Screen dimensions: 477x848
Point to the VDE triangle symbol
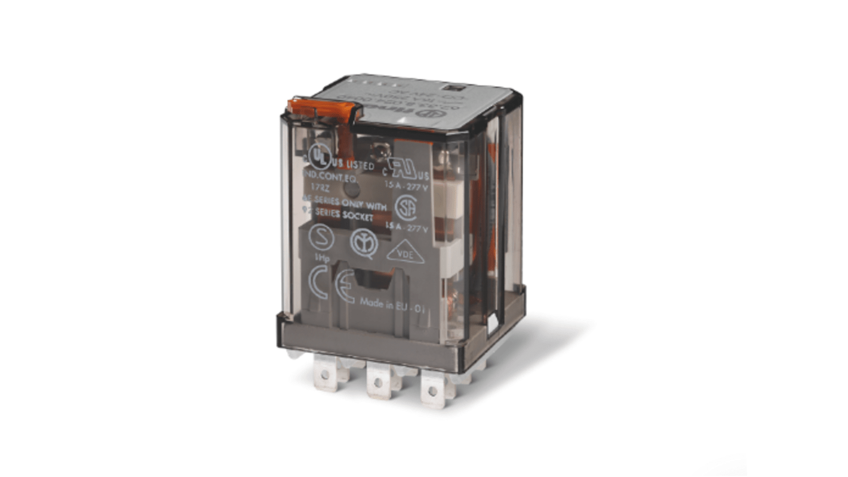tap(405, 253)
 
